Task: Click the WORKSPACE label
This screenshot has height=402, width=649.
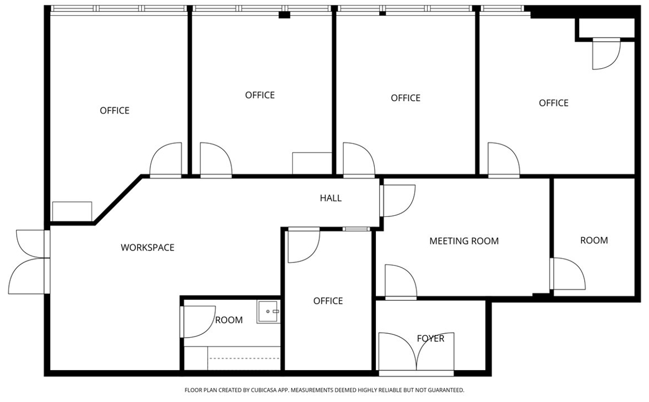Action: [148, 247]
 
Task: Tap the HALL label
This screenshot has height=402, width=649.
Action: [330, 198]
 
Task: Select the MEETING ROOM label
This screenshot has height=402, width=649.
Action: [464, 241]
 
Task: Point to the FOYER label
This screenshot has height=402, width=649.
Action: [431, 338]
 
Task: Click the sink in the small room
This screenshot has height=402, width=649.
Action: [268, 312]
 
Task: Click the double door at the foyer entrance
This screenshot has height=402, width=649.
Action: [416, 354]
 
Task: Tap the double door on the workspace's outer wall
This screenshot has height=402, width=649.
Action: [29, 262]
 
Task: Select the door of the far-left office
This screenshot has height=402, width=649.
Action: [165, 160]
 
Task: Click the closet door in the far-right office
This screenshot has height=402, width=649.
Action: [606, 54]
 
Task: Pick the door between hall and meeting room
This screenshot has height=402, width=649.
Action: [397, 201]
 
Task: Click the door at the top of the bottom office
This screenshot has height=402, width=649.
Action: [304, 245]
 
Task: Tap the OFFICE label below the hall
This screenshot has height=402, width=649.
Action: [328, 301]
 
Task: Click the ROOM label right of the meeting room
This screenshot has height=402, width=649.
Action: [594, 240]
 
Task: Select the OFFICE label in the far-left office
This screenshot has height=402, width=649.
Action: [115, 110]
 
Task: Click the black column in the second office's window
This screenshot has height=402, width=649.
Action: [284, 15]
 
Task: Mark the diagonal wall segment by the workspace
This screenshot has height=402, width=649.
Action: [118, 200]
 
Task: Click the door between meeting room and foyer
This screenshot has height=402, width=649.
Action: [401, 282]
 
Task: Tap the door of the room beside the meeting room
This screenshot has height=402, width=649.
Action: [567, 274]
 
